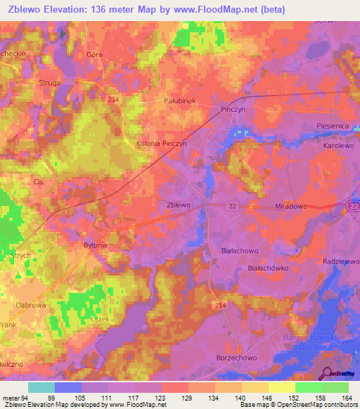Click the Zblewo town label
179,204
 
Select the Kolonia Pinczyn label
161,143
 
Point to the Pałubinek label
179,100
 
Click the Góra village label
94,54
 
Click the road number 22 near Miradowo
231,206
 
